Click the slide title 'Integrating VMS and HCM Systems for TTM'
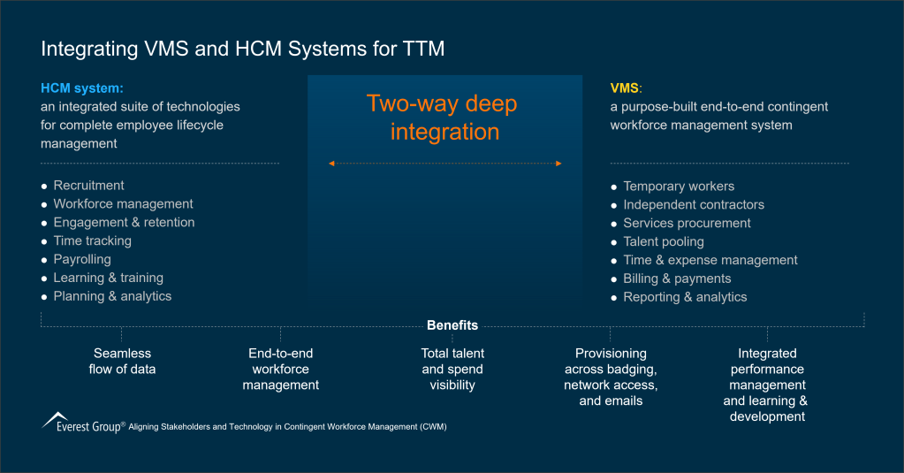(x=243, y=49)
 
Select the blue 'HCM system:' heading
(x=81, y=88)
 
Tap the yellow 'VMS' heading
(x=625, y=88)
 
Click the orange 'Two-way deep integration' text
(x=442, y=118)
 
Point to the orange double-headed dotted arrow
(x=444, y=164)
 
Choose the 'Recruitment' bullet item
(x=88, y=186)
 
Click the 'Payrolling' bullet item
(x=82, y=260)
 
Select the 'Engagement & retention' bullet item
(x=124, y=223)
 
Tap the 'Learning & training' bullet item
(x=108, y=278)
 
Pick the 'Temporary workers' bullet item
(x=679, y=187)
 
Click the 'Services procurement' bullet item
(x=687, y=224)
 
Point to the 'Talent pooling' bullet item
(x=664, y=242)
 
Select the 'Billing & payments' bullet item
(x=677, y=279)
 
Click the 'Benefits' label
(x=452, y=325)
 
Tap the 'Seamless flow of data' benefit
(x=122, y=362)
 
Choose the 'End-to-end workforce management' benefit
(x=281, y=370)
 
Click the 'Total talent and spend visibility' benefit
(x=452, y=370)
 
